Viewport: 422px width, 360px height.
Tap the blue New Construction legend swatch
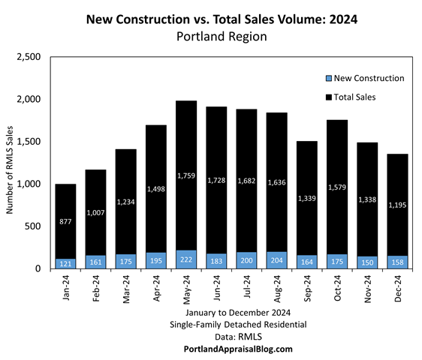tap(329, 79)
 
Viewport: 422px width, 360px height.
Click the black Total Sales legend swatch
tap(329, 97)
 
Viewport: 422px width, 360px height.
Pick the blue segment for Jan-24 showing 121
tap(65, 263)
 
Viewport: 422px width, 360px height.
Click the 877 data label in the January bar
tap(65, 222)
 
